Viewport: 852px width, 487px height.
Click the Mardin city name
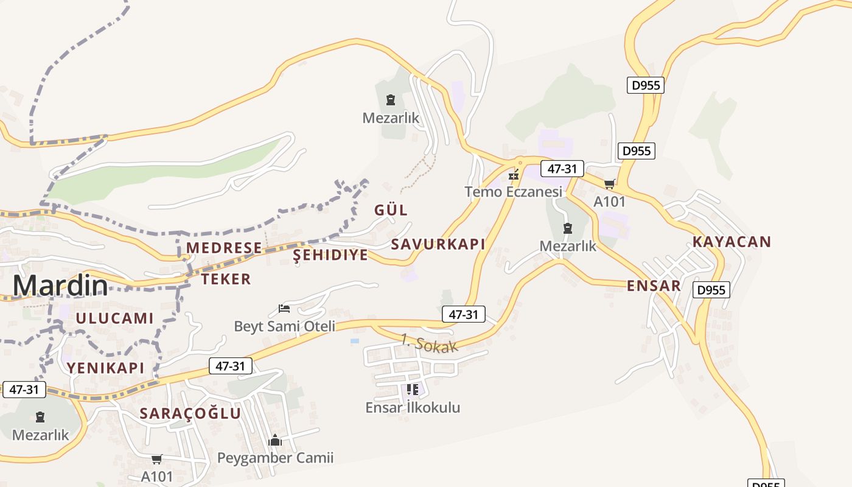tap(60, 286)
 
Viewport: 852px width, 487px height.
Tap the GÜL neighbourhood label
tap(391, 210)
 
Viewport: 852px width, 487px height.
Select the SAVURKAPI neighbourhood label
tap(438, 244)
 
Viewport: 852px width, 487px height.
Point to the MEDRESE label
tap(224, 248)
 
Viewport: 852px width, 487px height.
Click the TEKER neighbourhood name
tap(226, 279)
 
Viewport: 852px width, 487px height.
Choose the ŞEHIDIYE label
tap(330, 255)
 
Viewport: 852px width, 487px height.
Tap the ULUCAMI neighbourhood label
tap(114, 318)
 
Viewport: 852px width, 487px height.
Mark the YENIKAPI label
tap(106, 368)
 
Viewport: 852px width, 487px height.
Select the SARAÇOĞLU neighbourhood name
tap(190, 413)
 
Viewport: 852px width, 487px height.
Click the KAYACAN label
tap(732, 242)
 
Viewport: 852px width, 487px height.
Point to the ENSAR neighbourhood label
tap(654, 286)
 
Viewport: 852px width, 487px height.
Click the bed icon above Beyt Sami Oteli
tap(284, 309)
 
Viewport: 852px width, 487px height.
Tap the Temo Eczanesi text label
tap(513, 192)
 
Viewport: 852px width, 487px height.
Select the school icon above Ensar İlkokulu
tap(413, 389)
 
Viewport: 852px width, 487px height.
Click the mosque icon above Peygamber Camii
tap(275, 440)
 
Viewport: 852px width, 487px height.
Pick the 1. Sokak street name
tap(429, 343)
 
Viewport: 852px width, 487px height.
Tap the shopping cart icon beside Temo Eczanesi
tap(609, 184)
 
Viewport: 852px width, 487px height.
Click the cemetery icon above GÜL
tap(391, 100)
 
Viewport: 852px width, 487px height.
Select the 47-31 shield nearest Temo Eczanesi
tap(562, 169)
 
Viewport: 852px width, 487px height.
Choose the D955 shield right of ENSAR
tap(711, 290)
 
